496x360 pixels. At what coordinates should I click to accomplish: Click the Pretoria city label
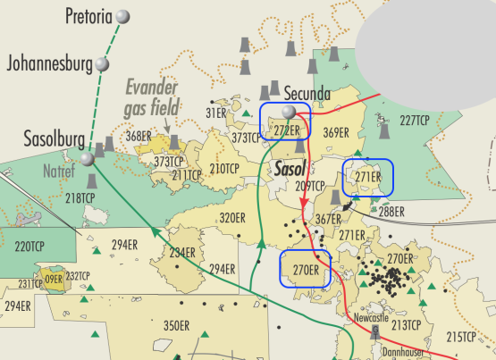tap(89, 15)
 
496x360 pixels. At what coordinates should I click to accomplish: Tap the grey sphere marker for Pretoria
tap(123, 16)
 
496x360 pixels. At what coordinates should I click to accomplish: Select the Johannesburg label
tap(50, 63)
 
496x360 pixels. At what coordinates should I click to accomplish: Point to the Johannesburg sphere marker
tap(105, 64)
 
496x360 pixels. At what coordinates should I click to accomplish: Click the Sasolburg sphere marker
tap(86, 159)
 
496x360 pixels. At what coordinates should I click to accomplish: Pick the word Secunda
tap(307, 94)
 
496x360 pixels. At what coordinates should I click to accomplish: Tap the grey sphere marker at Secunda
tap(288, 112)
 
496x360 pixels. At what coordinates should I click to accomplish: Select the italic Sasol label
tap(290, 168)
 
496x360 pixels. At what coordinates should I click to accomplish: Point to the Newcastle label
tap(372, 317)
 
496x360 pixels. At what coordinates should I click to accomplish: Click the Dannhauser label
tap(383, 353)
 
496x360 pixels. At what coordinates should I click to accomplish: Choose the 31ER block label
tap(217, 113)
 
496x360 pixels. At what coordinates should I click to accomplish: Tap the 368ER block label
tap(139, 136)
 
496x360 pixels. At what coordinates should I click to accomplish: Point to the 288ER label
tap(391, 212)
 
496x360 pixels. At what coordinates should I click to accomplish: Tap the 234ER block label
tap(182, 253)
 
